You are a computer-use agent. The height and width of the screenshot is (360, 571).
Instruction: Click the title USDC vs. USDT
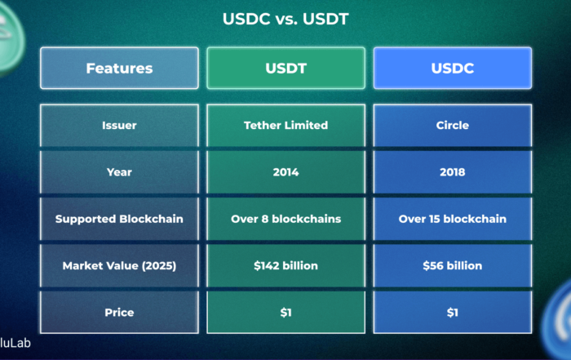pyautogui.click(x=285, y=19)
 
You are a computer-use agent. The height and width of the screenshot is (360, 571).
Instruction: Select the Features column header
pyautogui.click(x=119, y=68)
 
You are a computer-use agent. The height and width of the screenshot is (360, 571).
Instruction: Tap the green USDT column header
pyautogui.click(x=285, y=68)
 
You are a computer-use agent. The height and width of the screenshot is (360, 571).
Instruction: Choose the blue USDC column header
pyautogui.click(x=452, y=68)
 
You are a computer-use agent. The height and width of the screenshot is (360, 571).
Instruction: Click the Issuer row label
pyautogui.click(x=119, y=126)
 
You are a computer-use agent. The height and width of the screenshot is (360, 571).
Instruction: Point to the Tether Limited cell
pyautogui.click(x=285, y=126)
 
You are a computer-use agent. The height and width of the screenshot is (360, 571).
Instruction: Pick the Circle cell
pyautogui.click(x=452, y=126)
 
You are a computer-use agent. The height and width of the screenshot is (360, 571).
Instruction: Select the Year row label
pyautogui.click(x=119, y=172)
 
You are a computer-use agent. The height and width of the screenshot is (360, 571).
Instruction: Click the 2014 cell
pyautogui.click(x=285, y=172)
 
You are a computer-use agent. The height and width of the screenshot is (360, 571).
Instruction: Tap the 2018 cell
pyautogui.click(x=452, y=172)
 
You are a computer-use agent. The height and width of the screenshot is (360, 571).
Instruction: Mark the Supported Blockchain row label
pyautogui.click(x=119, y=219)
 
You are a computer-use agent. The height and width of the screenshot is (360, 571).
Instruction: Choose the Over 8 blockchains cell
pyautogui.click(x=285, y=219)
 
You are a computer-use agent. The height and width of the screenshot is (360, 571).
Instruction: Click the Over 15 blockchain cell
pyautogui.click(x=452, y=219)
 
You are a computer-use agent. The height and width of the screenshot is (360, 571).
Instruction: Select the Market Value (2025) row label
pyautogui.click(x=119, y=265)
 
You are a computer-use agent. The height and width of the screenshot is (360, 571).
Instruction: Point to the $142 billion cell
pyautogui.click(x=285, y=265)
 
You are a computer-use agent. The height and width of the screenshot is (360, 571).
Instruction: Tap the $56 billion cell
pyautogui.click(x=452, y=265)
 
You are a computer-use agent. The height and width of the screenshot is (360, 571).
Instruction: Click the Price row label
pyautogui.click(x=119, y=313)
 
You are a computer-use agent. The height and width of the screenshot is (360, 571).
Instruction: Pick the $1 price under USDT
pyautogui.click(x=285, y=313)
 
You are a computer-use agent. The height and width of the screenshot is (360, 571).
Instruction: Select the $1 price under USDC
pyautogui.click(x=452, y=313)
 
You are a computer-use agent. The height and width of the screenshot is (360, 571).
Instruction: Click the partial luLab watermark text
pyautogui.click(x=15, y=343)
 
